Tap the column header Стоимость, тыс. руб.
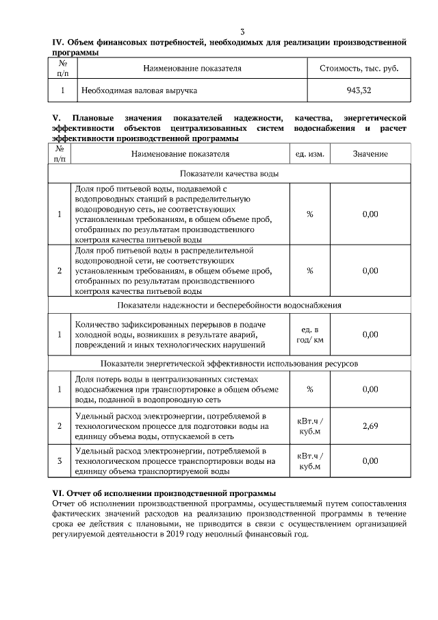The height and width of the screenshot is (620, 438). pyautogui.click(x=359, y=69)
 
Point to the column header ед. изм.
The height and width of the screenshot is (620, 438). pyautogui.click(x=309, y=154)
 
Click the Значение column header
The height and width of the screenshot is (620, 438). pyautogui.click(x=370, y=154)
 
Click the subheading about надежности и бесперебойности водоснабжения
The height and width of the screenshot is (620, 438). pyautogui.click(x=229, y=305)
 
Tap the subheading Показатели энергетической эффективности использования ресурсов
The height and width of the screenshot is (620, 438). pyautogui.click(x=229, y=363)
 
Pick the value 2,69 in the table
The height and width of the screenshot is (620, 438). pyautogui.click(x=370, y=426)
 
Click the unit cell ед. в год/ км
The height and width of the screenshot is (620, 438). pyautogui.click(x=309, y=334)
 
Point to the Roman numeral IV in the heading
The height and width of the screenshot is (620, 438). pyautogui.click(x=59, y=42)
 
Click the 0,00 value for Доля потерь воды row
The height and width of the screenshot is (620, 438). pyautogui.click(x=370, y=389)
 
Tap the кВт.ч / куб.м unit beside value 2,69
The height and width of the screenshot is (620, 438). pyautogui.click(x=309, y=426)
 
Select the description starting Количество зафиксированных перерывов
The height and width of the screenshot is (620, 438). pyautogui.click(x=172, y=334)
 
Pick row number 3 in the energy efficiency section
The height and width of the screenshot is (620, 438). pyautogui.click(x=60, y=461)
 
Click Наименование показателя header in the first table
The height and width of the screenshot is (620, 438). pyautogui.click(x=192, y=69)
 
